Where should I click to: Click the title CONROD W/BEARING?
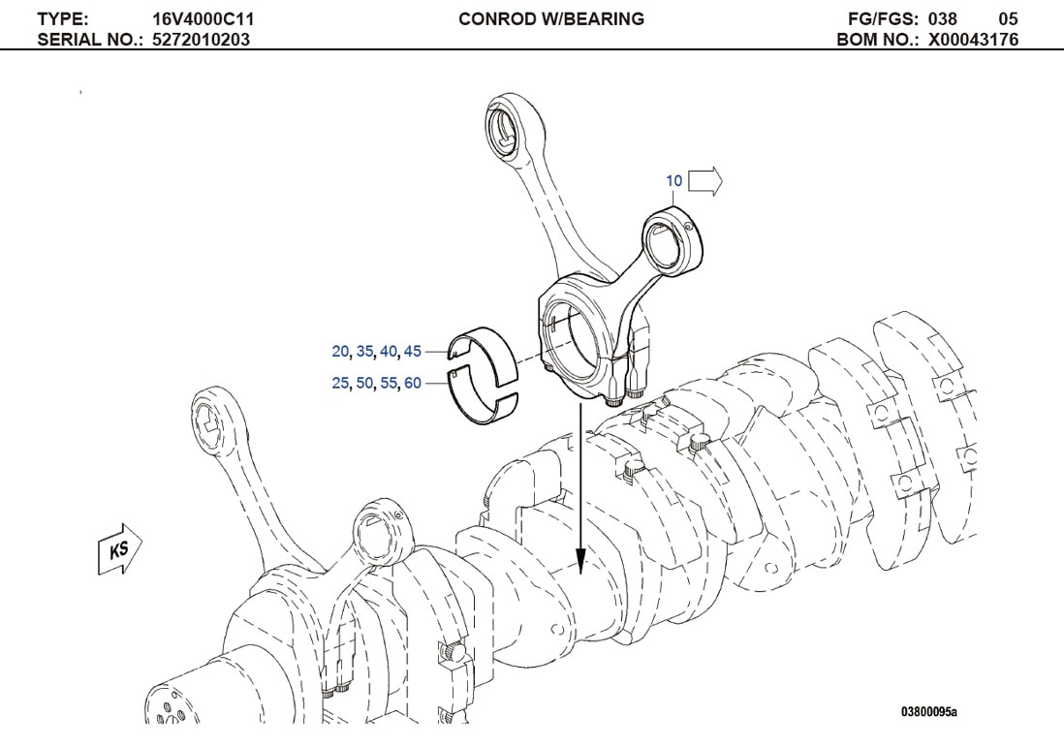tap(550, 18)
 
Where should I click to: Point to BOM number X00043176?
tap(973, 40)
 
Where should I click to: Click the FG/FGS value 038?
tap(943, 18)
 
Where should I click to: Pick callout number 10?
tap(673, 181)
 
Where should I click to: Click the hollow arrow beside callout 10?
tap(706, 181)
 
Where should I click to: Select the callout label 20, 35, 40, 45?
tap(376, 351)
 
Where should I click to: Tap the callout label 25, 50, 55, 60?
tap(376, 384)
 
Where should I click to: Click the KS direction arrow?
tap(120, 549)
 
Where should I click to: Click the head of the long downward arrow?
tap(579, 562)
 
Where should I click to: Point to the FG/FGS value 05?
tap(1008, 18)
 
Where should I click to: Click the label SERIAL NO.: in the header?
tap(92, 40)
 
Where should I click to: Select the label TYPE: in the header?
tap(62, 18)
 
